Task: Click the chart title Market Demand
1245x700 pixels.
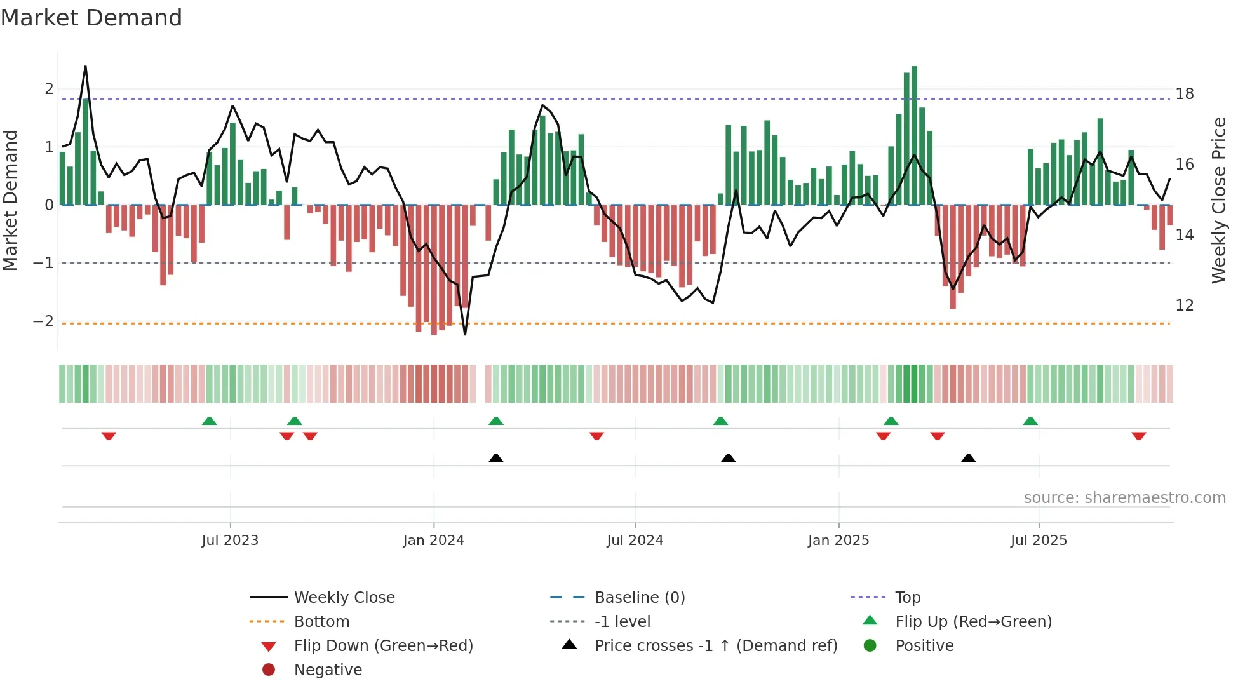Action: point(91,18)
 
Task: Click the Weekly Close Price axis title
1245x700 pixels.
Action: point(1218,200)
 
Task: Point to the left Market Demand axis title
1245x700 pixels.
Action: point(10,200)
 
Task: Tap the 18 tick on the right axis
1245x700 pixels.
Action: point(1184,94)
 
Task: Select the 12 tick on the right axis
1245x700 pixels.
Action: point(1184,306)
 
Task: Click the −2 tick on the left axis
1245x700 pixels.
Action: point(44,321)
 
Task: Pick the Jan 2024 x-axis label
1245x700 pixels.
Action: point(433,541)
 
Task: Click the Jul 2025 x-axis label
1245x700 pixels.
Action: point(1039,541)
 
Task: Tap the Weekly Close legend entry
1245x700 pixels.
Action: point(344,598)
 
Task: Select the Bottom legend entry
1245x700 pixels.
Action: point(321,622)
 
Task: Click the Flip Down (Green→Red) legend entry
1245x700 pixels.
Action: point(383,646)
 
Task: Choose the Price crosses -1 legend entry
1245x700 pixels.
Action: point(715,646)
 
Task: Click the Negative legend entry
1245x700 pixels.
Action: point(328,670)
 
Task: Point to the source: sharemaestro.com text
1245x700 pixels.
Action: point(1124,498)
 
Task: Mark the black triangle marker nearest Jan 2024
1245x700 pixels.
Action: point(496,459)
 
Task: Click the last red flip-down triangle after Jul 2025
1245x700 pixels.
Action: point(1138,436)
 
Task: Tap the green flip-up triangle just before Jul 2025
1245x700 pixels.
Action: point(1030,421)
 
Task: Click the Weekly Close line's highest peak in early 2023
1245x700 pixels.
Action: point(85,67)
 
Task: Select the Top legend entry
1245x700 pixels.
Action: point(907,598)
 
